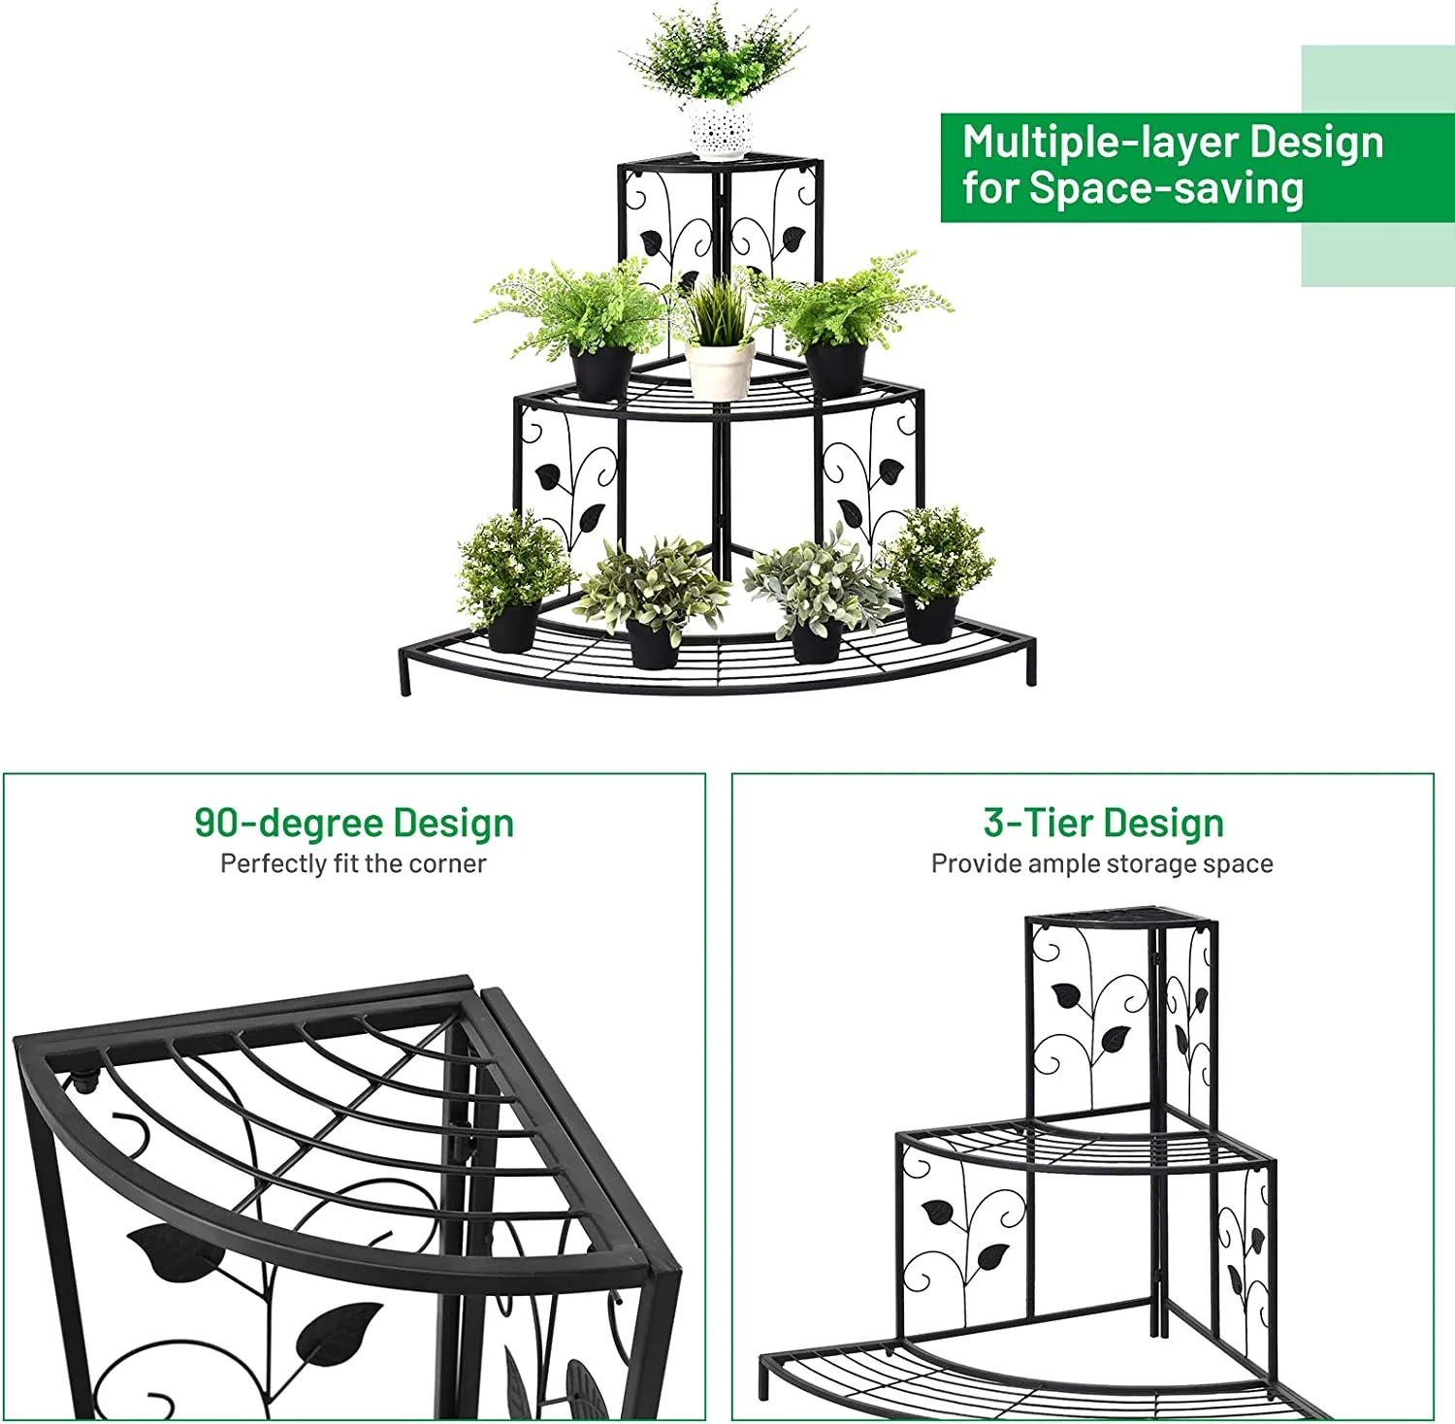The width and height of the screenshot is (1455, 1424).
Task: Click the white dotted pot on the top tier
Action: [x=721, y=130]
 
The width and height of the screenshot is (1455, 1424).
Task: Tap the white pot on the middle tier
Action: [x=720, y=369]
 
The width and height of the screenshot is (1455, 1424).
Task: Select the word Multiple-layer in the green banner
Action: [x=1099, y=143]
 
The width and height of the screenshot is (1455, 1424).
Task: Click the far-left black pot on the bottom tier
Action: [x=511, y=625]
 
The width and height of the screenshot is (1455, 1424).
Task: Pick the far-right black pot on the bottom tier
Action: [x=931, y=618]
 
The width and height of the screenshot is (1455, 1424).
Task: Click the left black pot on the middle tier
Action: [x=600, y=372]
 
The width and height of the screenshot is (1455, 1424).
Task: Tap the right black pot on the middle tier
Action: [x=836, y=369]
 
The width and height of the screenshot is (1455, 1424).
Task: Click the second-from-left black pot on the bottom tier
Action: [x=652, y=643]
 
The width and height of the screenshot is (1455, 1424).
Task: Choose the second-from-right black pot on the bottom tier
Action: [x=817, y=640]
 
